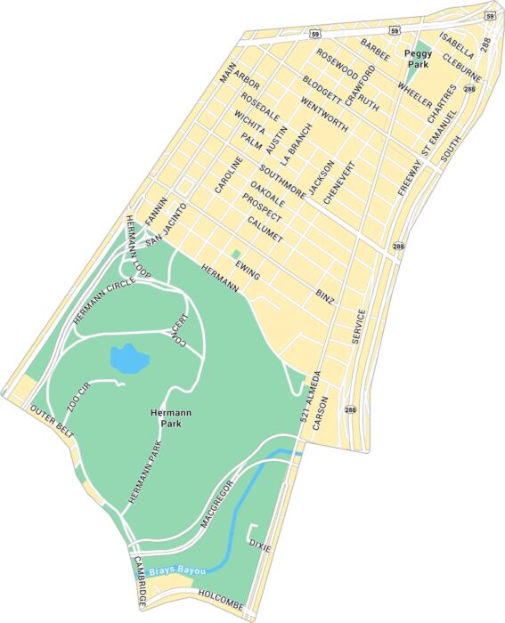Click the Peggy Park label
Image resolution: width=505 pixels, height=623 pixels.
pos(419,60)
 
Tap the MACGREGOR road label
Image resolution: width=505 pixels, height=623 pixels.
pos(216,505)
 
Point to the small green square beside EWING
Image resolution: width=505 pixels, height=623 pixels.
pos(235,255)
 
